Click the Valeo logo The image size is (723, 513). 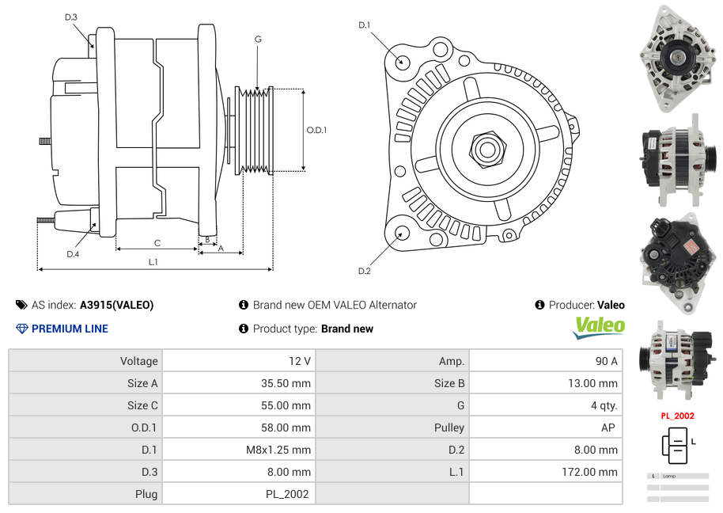click(599, 328)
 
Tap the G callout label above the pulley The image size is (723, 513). click(258, 39)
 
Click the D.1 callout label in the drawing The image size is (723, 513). click(364, 25)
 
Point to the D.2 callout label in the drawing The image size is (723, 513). click(364, 272)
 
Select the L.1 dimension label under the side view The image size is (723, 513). click(153, 262)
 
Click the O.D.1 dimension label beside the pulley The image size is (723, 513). click(316, 130)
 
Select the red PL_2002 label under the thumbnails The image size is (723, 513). click(677, 416)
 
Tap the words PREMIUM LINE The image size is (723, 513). click(70, 329)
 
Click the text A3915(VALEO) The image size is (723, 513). click(116, 305)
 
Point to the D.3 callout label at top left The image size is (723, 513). click(71, 17)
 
